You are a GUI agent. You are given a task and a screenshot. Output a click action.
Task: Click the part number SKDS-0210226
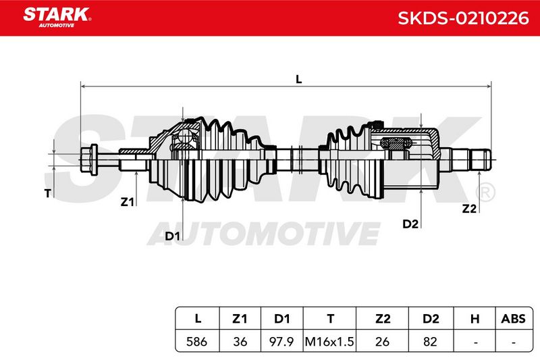(463, 18)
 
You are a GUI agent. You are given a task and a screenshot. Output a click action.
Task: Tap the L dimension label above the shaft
(298, 80)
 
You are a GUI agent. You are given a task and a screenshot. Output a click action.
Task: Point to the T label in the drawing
(48, 194)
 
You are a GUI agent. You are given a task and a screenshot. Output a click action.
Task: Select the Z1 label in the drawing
(127, 202)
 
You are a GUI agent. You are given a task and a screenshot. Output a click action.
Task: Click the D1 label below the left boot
(173, 236)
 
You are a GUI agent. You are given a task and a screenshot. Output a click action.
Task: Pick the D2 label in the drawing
(410, 224)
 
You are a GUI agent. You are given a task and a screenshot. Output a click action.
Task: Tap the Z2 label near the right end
(469, 209)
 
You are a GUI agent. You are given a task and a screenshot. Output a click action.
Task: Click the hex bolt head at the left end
(89, 159)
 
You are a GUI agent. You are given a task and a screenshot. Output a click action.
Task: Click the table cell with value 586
(196, 341)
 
